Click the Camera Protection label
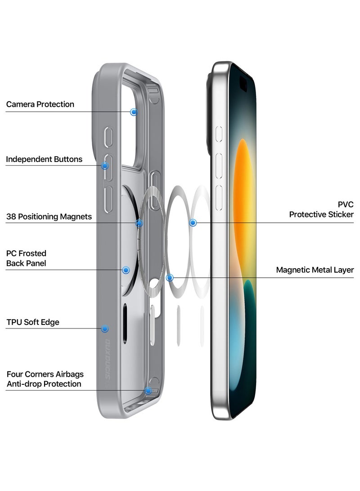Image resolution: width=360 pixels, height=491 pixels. point(40,104)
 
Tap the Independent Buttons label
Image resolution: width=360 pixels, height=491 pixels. point(44,159)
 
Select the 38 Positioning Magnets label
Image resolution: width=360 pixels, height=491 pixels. point(49,217)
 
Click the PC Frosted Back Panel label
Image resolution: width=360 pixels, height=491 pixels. point(26,258)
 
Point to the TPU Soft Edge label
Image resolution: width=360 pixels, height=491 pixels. point(33,322)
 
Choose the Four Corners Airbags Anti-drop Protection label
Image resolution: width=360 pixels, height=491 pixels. point(45,379)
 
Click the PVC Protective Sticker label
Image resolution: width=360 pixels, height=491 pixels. point(321,210)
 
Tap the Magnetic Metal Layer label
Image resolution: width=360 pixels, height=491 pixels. point(315,270)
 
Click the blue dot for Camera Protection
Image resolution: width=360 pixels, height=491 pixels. point(134,112)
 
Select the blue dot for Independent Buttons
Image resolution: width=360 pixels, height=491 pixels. point(105,166)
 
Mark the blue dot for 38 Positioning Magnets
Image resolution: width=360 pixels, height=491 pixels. point(139,223)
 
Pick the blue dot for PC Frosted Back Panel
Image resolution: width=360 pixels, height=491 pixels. point(126,270)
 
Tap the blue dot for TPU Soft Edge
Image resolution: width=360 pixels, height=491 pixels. point(105,329)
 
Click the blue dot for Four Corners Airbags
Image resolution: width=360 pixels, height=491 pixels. point(148,391)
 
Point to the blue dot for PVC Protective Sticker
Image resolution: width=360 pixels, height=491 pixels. point(193,222)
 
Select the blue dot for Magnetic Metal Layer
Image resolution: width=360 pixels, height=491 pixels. point(170,278)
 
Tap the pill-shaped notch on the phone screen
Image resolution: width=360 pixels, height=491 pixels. point(243,84)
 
